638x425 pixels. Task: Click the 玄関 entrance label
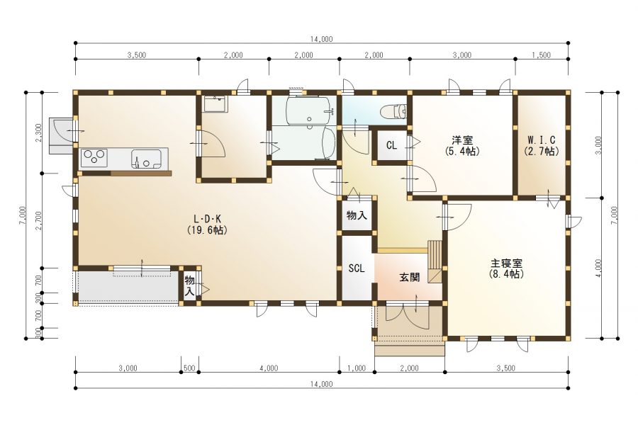pos(409,278)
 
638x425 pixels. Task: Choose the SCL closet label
pos(357,268)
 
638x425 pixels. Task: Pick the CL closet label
pos(391,145)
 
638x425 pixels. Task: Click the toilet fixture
pos(393,111)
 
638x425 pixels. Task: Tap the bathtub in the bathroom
pos(310,110)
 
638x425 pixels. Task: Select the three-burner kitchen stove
pos(94,158)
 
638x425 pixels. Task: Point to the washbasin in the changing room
pos(216,104)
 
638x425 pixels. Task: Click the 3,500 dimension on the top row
pos(137,55)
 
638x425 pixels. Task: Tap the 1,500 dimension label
pos(541,55)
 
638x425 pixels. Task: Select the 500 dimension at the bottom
pos(189,368)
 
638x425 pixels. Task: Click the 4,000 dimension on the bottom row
pos(269,368)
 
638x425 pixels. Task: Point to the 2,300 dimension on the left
pos(39,132)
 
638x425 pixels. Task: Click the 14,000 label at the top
pos(321,40)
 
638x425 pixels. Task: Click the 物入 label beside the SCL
pos(357,215)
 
